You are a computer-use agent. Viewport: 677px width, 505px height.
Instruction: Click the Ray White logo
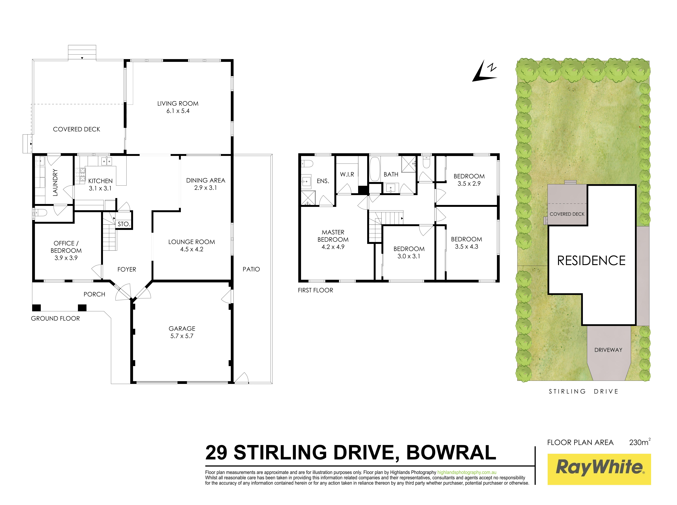click(x=599, y=469)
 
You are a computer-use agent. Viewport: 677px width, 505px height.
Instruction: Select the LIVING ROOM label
click(x=178, y=104)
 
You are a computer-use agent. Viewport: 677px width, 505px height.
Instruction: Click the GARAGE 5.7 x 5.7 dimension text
click(x=182, y=336)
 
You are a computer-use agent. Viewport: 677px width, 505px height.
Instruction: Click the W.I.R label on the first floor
click(x=347, y=174)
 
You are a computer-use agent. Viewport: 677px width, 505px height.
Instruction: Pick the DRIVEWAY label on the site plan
click(x=608, y=350)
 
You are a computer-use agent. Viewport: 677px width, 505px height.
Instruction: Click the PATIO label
click(x=251, y=269)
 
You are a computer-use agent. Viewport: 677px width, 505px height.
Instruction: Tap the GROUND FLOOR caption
click(x=55, y=319)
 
